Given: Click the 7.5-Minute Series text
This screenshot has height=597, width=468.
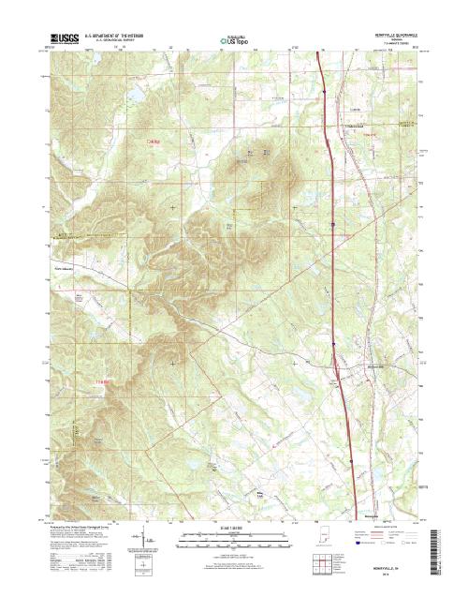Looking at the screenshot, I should (393, 45).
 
